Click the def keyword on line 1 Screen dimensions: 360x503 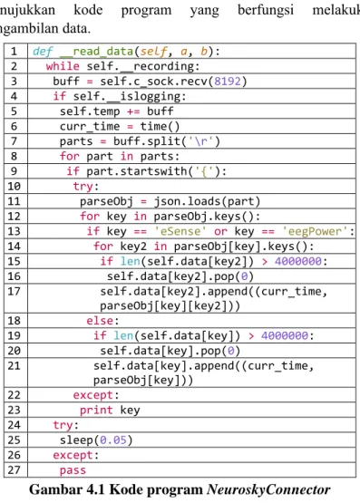(43, 52)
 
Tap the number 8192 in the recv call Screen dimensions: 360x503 (228, 82)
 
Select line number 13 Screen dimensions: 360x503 (14, 231)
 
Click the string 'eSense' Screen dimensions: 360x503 (180, 231)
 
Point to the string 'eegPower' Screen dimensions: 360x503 (315, 231)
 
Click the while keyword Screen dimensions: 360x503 (63, 66)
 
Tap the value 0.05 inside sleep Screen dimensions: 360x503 (112, 440)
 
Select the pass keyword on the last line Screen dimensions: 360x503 (73, 470)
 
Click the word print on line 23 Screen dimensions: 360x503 (96, 410)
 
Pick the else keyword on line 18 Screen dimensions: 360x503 (100, 321)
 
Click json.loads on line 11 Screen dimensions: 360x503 (187, 201)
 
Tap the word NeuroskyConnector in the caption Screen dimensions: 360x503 (268, 489)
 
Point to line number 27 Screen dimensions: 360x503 (14, 470)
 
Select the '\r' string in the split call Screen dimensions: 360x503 (201, 141)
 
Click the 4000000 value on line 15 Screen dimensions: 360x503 (298, 261)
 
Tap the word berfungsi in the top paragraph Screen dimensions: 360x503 (266, 10)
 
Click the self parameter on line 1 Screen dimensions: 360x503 (153, 52)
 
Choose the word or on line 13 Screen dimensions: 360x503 (220, 231)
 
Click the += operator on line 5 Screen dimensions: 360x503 (133, 111)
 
